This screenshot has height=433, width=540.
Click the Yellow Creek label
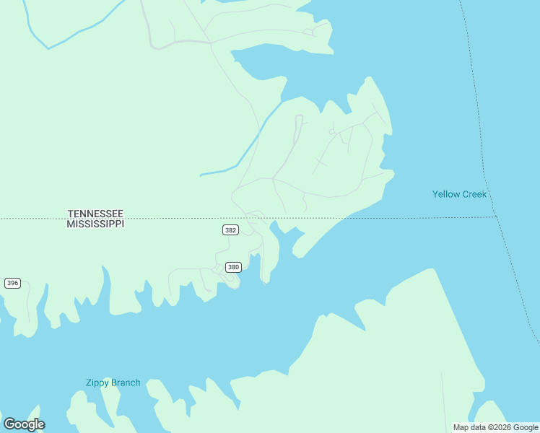click(459, 194)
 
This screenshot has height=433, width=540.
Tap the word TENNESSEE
click(95, 214)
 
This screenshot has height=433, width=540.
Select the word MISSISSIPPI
click(95, 224)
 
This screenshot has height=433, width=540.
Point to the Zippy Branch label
click(113, 382)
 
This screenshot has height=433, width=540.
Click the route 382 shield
click(230, 230)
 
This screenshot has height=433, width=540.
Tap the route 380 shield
click(233, 267)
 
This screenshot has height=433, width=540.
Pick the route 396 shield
click(12, 283)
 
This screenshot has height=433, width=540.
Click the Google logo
click(24, 424)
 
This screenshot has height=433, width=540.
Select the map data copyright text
click(495, 427)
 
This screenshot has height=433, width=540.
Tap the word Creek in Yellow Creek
click(474, 194)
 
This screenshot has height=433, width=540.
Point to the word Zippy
click(97, 383)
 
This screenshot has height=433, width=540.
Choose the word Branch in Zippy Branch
click(126, 382)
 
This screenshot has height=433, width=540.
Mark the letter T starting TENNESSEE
click(71, 214)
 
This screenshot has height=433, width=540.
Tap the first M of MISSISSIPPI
click(70, 224)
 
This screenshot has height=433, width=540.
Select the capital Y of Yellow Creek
click(435, 194)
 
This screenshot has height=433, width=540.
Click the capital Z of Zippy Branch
click(88, 382)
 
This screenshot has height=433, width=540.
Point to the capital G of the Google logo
click(9, 424)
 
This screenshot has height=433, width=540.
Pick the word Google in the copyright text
click(526, 427)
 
